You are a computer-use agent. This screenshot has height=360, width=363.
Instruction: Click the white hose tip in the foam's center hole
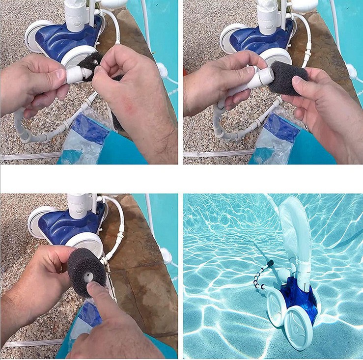(x=88, y=277)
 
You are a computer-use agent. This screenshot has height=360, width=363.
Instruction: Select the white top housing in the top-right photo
(x=267, y=15)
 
